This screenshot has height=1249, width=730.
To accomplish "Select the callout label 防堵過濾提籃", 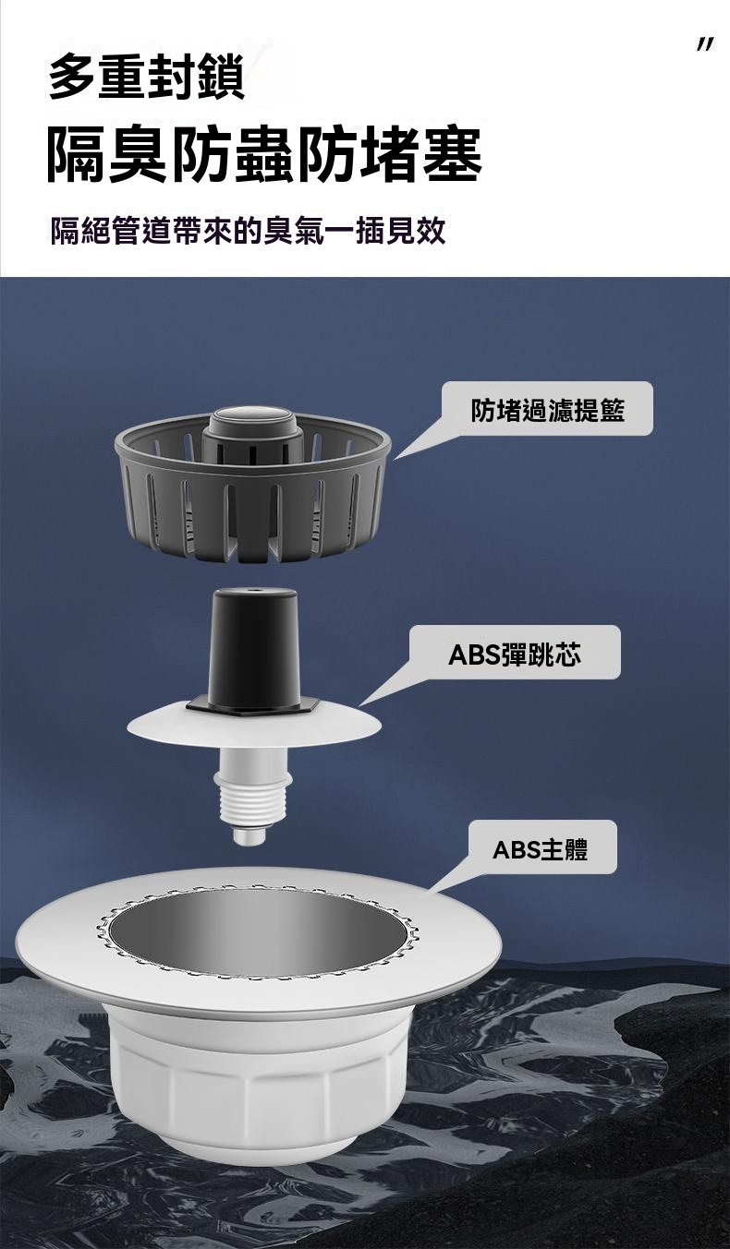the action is click(x=547, y=409).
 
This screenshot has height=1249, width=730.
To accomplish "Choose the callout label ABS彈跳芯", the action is click(x=515, y=653).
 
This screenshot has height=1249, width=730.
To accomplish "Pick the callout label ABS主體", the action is click(x=540, y=849).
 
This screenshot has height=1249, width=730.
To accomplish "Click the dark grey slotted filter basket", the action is click(x=252, y=484).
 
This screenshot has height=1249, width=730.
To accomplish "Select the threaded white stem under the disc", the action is click(x=254, y=792).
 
